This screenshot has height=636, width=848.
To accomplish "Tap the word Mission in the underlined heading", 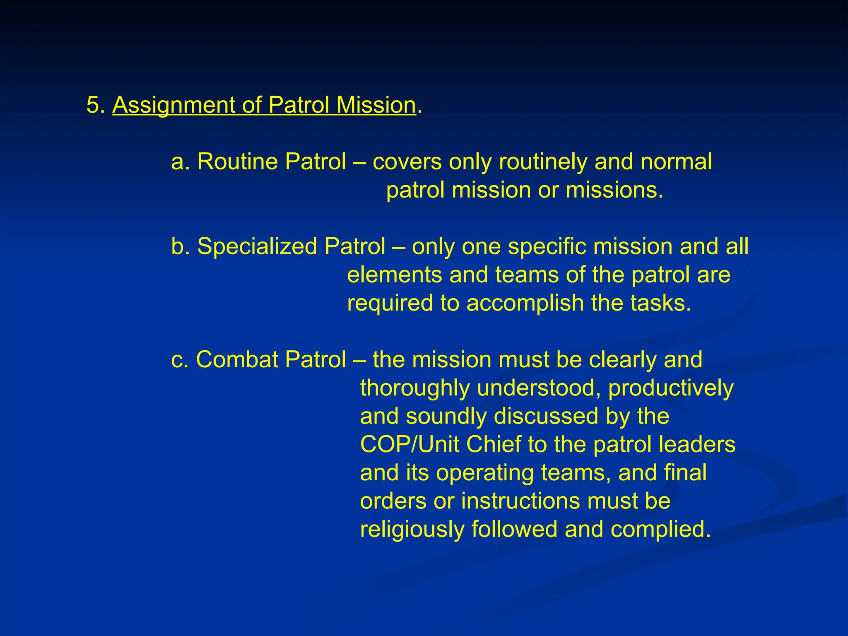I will [376, 105].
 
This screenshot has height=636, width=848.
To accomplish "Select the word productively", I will [670, 389].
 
